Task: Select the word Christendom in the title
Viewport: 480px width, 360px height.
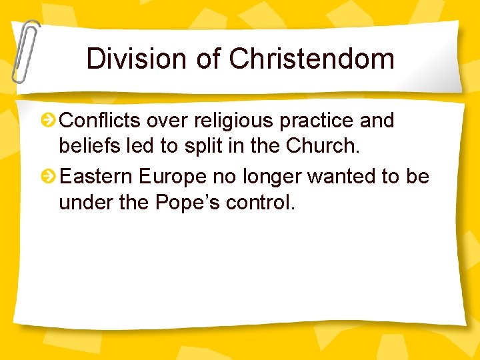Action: (x=312, y=59)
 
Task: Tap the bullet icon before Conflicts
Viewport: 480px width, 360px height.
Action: (x=49, y=121)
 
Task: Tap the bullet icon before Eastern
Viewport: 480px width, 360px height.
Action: (x=49, y=177)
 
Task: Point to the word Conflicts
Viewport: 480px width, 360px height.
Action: (x=100, y=121)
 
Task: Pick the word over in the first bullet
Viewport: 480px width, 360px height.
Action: (x=163, y=121)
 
